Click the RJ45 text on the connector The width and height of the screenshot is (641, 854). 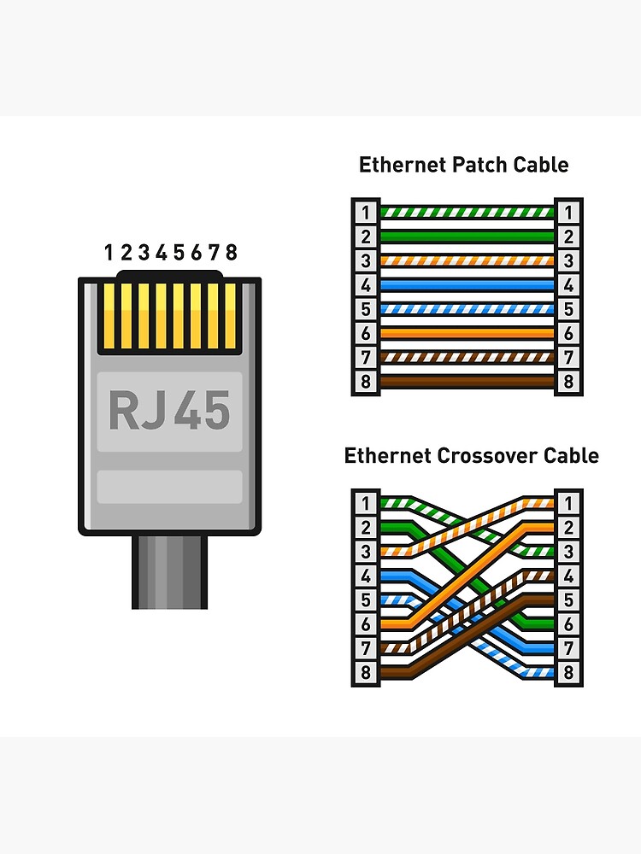[169, 411]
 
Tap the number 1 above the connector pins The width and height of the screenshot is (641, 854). [109, 252]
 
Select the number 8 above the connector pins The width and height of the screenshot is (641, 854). [231, 252]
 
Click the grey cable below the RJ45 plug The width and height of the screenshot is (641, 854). [169, 572]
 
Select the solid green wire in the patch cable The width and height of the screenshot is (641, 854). [467, 237]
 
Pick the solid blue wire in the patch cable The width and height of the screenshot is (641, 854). [467, 285]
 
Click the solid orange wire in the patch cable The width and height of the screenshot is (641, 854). [467, 333]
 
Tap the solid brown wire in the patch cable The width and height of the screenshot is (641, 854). [467, 382]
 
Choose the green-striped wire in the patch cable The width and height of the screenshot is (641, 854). [467, 212]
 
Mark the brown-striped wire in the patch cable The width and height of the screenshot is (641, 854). [467, 358]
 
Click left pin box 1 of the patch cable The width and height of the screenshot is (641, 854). [366, 212]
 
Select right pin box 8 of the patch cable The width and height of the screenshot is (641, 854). [567, 382]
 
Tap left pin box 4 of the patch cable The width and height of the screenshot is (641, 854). [366, 285]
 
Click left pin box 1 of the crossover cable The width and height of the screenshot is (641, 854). [366, 503]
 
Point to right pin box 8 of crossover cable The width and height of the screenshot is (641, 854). [567, 673]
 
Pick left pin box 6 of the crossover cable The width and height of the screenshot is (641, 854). [366, 624]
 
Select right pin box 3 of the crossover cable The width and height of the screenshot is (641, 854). [567, 552]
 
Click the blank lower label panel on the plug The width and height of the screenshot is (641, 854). [169, 487]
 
